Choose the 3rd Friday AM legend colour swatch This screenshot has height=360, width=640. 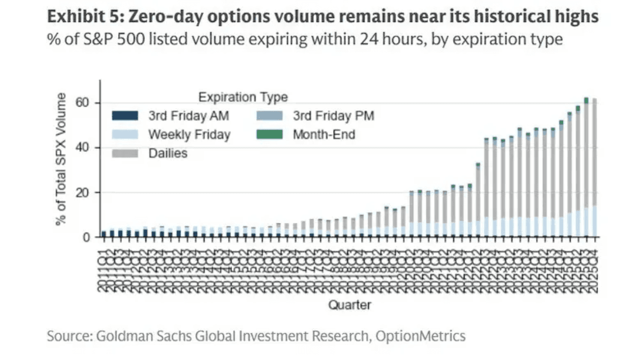pyautogui.click(x=124, y=116)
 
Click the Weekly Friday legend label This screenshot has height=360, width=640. pyautogui.click(x=189, y=134)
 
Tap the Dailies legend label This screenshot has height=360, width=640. pyautogui.click(x=167, y=153)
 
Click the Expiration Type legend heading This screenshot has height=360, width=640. pyautogui.click(x=243, y=97)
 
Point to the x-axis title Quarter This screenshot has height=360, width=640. pyautogui.click(x=349, y=304)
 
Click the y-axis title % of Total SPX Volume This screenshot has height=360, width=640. pyautogui.click(x=61, y=158)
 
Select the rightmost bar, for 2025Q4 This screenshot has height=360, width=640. pyautogui.click(x=594, y=170)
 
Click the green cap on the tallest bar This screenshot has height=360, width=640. pyautogui.click(x=586, y=100)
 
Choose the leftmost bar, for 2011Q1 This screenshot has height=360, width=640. pyautogui.click(x=103, y=234)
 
